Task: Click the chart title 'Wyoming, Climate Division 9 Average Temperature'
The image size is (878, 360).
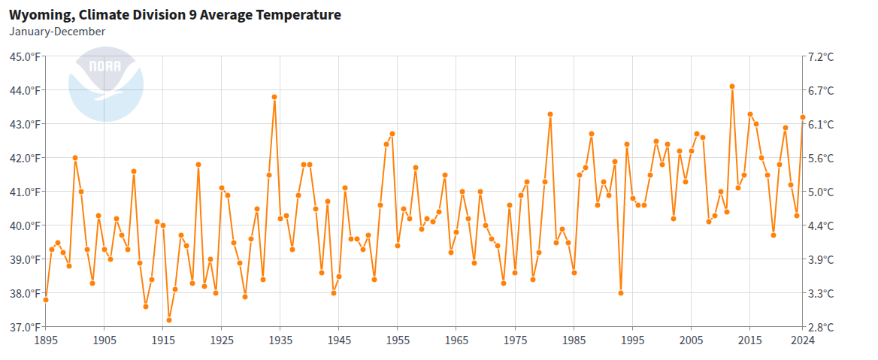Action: click(174, 15)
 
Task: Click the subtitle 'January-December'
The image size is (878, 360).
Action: click(57, 32)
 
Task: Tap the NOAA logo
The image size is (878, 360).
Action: click(105, 83)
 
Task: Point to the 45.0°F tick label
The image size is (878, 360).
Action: click(25, 56)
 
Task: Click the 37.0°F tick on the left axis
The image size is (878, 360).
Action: click(25, 327)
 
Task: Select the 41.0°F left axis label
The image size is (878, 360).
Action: click(25, 192)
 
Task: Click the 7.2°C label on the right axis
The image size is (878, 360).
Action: click(821, 56)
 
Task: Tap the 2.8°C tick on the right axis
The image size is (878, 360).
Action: click(821, 327)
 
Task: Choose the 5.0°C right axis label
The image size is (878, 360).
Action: click(821, 192)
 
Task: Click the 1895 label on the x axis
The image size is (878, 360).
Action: click(46, 340)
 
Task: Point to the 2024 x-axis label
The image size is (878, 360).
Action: click(803, 340)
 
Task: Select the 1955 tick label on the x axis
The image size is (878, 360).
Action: click(398, 340)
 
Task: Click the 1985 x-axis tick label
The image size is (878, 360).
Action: click(574, 340)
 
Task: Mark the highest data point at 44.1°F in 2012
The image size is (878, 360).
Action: click(732, 86)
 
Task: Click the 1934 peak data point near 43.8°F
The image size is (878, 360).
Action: click(274, 97)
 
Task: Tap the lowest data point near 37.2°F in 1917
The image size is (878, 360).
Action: click(169, 320)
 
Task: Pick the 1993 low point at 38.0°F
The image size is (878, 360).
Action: click(621, 293)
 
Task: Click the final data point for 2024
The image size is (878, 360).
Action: click(803, 117)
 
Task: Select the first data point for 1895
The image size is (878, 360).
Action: click(46, 300)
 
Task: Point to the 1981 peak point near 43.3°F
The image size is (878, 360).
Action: click(550, 114)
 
